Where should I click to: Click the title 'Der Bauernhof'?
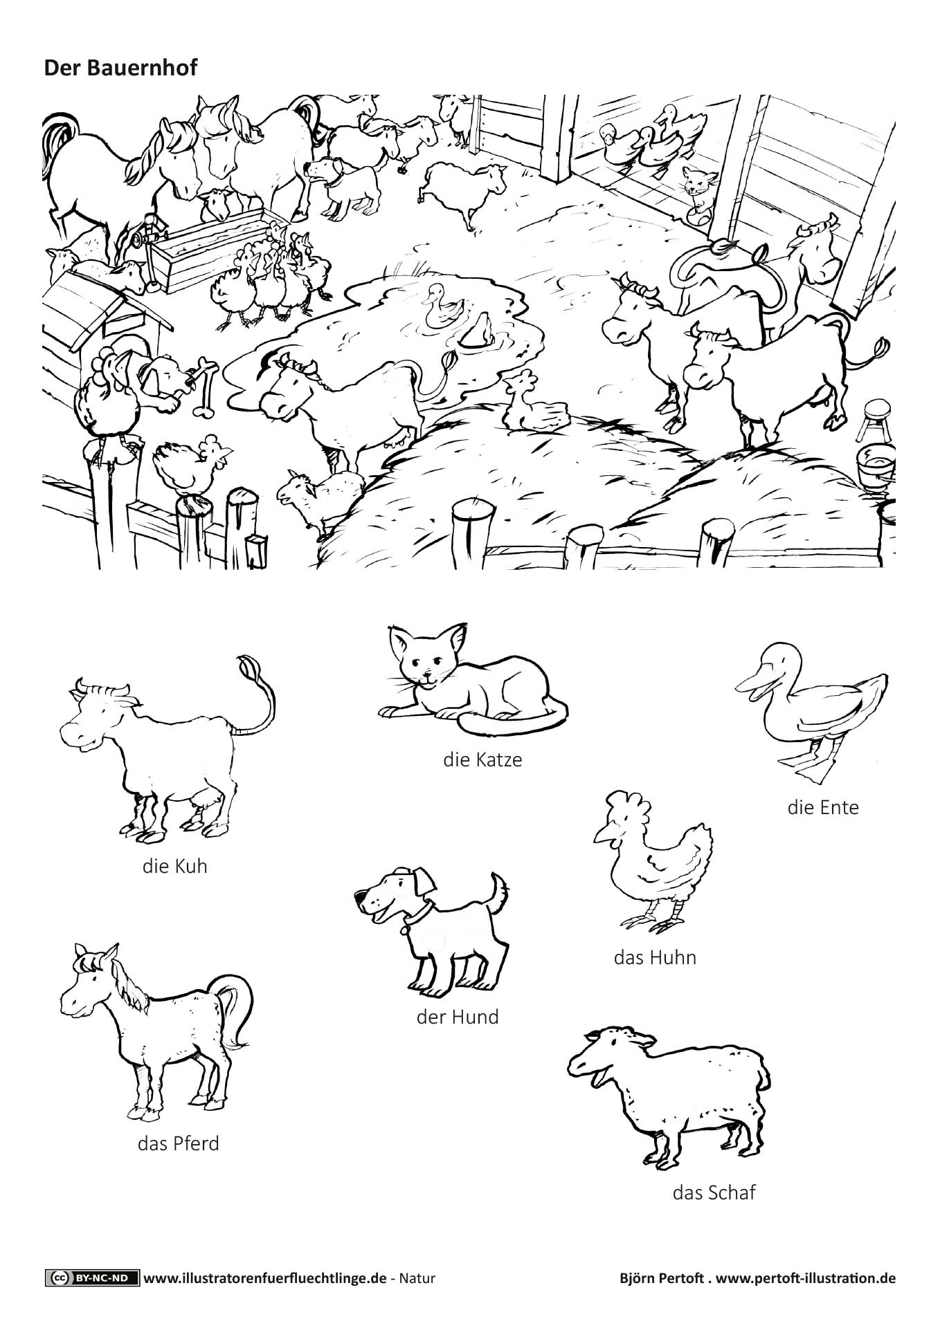point(120,68)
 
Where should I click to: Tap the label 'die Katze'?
point(482,759)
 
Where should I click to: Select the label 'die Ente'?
point(823,807)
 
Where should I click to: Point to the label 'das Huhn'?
point(655,958)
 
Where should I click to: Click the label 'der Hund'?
point(458,1017)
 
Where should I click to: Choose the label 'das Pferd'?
point(179,1143)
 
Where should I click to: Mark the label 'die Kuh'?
point(175,866)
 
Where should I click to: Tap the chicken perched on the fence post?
point(190,465)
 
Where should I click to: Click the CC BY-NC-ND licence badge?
point(92,1278)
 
